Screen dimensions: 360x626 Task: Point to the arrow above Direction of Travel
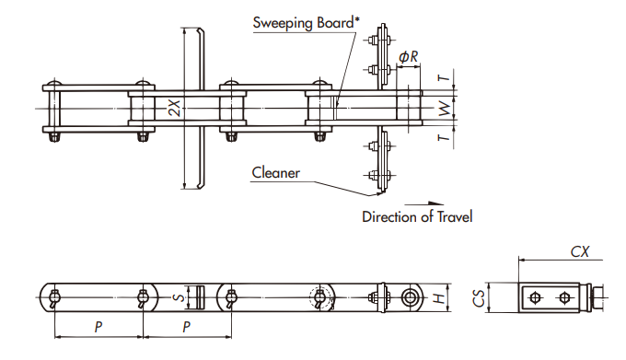click(423, 203)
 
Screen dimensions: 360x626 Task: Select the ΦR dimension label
click(409, 57)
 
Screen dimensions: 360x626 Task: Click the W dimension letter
click(444, 110)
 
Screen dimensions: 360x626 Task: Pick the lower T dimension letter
click(444, 139)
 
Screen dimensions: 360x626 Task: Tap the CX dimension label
click(579, 250)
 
